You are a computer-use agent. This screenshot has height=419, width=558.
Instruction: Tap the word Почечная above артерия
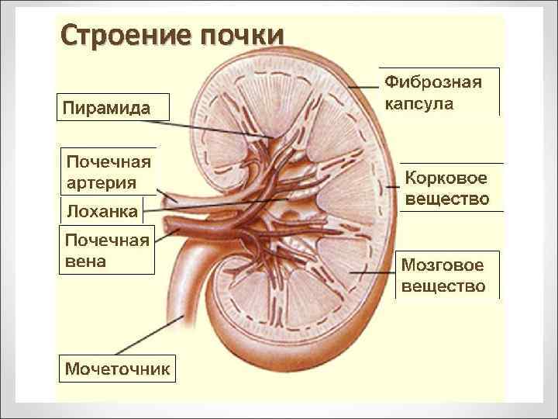tap(108, 163)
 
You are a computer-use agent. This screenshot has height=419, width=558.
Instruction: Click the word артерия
tap(102, 183)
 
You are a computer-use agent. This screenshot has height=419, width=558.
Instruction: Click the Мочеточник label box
tap(116, 368)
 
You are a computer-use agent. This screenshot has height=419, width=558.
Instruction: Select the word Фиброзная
tap(434, 82)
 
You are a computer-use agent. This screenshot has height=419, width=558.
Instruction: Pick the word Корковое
tap(446, 179)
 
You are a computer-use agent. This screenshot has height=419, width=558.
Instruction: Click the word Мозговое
tap(442, 266)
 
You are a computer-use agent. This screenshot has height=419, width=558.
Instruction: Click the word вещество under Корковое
tap(448, 199)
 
